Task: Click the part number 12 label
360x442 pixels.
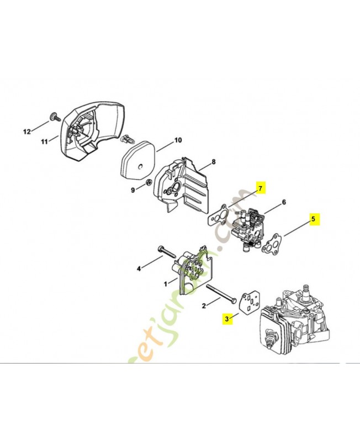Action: click(x=26, y=131)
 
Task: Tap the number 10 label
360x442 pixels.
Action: click(x=178, y=140)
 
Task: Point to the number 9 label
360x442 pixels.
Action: click(x=133, y=191)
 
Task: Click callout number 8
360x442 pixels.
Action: click(x=213, y=163)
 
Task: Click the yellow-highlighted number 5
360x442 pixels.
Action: click(x=313, y=219)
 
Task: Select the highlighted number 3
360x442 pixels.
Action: click(x=226, y=318)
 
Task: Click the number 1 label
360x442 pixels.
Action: click(x=166, y=283)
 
